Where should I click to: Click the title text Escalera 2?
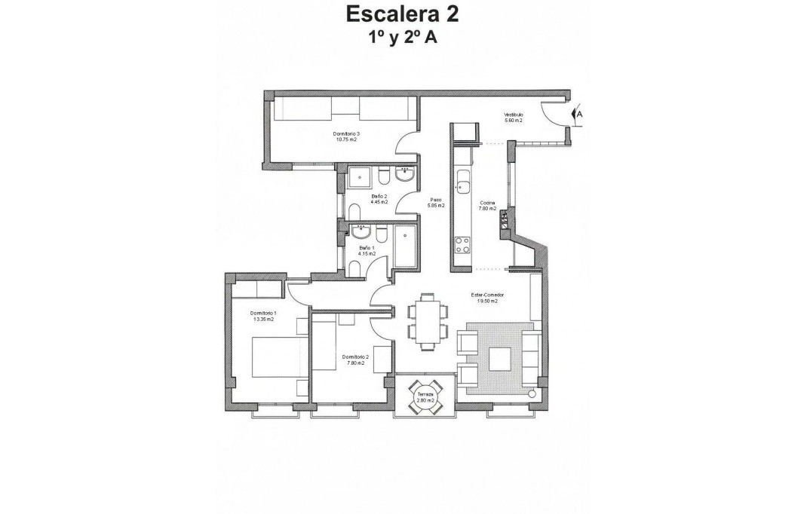tap(401, 14)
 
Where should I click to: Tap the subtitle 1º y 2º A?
tap(401, 38)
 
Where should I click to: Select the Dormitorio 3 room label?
tap(345, 136)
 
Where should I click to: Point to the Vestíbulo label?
tap(514, 118)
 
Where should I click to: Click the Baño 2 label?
tap(379, 199)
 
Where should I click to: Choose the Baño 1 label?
tap(367, 250)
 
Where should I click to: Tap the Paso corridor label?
tap(435, 202)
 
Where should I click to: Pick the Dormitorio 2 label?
tap(354, 359)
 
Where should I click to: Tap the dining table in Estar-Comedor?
tap(427, 322)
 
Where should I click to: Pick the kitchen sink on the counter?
tap(462, 186)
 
